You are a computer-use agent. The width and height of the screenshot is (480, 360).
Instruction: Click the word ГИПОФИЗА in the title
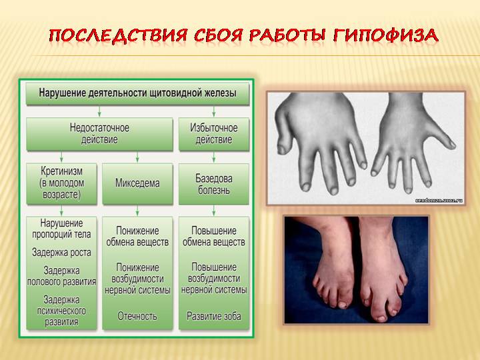click(x=386, y=36)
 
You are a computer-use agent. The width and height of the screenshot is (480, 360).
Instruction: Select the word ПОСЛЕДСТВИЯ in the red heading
click(x=118, y=36)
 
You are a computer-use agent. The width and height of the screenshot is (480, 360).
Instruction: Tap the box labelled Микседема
click(x=137, y=183)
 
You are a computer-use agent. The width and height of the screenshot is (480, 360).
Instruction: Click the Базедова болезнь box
click(x=214, y=184)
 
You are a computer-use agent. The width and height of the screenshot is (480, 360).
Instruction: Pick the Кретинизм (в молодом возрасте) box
click(x=61, y=183)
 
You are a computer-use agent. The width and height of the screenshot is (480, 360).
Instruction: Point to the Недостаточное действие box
click(x=99, y=134)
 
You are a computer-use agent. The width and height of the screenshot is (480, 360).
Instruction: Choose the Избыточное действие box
click(x=214, y=134)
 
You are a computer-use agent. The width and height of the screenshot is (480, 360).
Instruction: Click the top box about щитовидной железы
click(x=137, y=93)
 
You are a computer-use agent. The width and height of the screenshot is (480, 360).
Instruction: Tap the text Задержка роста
click(x=61, y=253)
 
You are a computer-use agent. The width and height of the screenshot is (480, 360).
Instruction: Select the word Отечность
click(x=137, y=316)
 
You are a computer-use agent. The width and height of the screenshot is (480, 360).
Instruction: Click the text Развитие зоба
click(x=214, y=316)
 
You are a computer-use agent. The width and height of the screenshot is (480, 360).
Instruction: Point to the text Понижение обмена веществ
click(x=137, y=236)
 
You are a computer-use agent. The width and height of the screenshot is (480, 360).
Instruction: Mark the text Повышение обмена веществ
click(x=214, y=236)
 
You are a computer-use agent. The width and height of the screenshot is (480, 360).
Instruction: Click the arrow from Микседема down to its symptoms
click(x=137, y=210)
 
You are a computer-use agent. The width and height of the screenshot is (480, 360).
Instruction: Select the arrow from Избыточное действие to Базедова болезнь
click(x=214, y=157)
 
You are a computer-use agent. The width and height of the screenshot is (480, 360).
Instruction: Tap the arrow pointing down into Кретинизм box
click(x=61, y=157)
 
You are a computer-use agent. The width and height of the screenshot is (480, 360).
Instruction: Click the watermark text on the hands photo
click(x=439, y=201)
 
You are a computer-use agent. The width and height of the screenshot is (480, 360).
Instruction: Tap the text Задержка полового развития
click(x=61, y=276)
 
